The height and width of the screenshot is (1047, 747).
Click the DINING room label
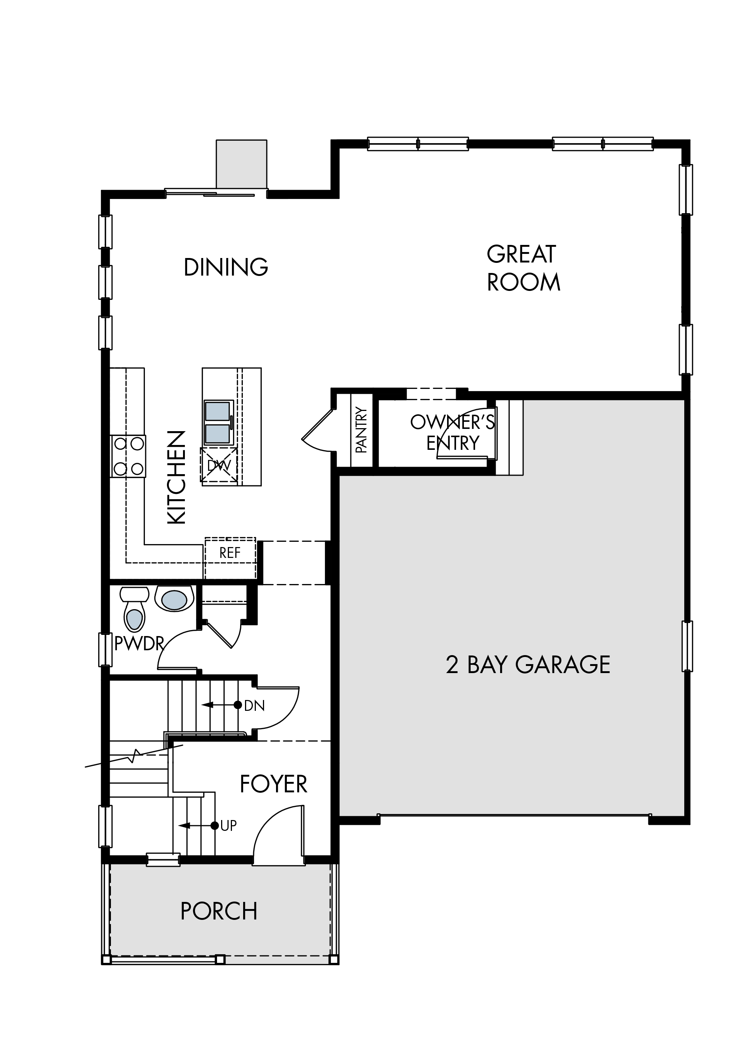(x=226, y=267)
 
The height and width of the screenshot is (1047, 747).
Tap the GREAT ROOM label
(x=523, y=268)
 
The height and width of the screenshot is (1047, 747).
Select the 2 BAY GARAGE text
(x=528, y=665)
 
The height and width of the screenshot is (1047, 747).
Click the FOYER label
(x=274, y=784)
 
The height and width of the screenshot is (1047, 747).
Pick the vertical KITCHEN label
(x=176, y=477)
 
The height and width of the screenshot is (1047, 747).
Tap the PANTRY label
(x=362, y=430)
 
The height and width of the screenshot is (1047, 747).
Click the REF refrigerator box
(x=230, y=558)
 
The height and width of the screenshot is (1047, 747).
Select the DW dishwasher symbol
(x=219, y=465)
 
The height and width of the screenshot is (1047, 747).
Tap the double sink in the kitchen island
(x=218, y=423)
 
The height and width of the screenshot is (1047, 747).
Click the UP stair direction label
(x=229, y=826)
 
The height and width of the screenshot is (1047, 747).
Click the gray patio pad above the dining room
(x=242, y=164)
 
